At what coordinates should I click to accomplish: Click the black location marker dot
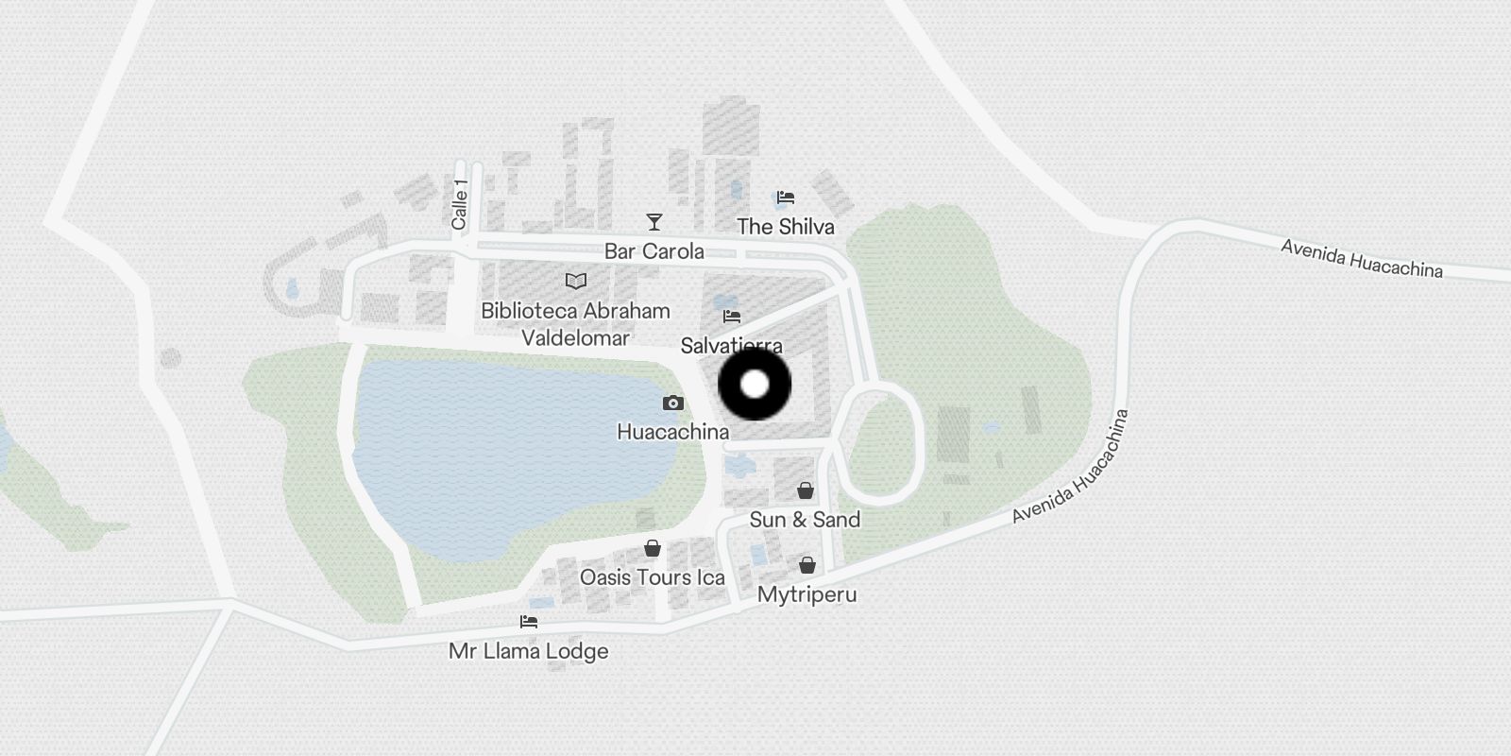point(755,385)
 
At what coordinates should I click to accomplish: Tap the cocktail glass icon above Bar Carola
point(654,222)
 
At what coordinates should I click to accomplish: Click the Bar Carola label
point(654,251)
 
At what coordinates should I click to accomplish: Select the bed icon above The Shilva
point(785,198)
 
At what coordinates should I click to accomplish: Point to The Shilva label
point(785,227)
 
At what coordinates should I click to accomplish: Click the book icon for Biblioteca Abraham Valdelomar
point(575,281)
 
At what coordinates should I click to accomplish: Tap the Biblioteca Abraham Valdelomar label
point(575,323)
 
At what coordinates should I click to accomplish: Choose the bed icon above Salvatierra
point(732,317)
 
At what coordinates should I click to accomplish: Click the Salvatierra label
point(731,345)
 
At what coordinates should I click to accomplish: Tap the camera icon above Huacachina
point(672,404)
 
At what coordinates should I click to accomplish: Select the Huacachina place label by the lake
point(672,432)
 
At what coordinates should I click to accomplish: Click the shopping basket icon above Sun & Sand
point(805,490)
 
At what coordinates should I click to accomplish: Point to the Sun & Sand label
point(805,520)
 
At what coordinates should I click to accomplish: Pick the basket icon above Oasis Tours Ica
point(652,548)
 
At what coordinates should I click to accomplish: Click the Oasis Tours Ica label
point(652,577)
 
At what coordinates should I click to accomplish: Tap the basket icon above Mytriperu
point(806,565)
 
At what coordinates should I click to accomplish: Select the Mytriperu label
point(806,594)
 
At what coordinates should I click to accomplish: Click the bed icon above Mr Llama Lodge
point(529,622)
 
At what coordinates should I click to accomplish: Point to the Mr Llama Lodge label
point(529,651)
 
